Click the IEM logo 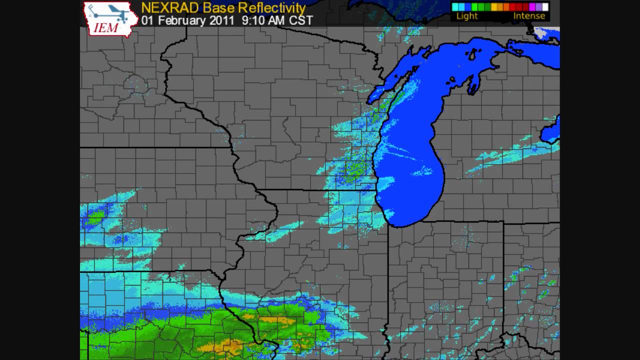pos(110,19)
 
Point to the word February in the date pos(178,20)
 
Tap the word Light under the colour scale pos(467,16)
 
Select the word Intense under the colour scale pos(529,16)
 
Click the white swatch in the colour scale pos(545,7)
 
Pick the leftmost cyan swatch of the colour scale pos(455,7)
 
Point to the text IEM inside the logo pos(106,27)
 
